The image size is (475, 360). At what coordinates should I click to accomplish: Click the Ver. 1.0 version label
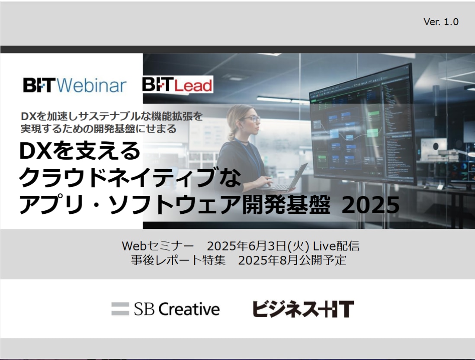441,22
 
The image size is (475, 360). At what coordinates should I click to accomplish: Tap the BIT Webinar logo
74,85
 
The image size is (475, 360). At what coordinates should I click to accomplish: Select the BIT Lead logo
177,84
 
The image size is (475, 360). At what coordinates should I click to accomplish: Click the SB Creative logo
165,309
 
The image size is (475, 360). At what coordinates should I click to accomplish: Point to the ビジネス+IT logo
303,309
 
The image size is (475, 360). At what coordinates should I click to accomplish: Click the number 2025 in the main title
370,205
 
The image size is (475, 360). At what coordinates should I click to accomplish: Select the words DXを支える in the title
80,151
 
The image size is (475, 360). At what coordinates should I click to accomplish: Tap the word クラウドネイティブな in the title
130,177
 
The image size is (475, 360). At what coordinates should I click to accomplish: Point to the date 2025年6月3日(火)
258,246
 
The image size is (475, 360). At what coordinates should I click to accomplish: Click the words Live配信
336,246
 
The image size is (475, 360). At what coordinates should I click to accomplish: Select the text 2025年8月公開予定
292,260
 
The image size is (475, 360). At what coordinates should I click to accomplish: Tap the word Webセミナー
157,246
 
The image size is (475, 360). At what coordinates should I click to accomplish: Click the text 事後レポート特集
178,260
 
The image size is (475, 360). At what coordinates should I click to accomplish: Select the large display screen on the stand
363,124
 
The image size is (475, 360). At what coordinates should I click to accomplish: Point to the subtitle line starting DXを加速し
112,116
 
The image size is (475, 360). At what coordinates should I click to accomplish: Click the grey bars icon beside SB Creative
120,309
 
